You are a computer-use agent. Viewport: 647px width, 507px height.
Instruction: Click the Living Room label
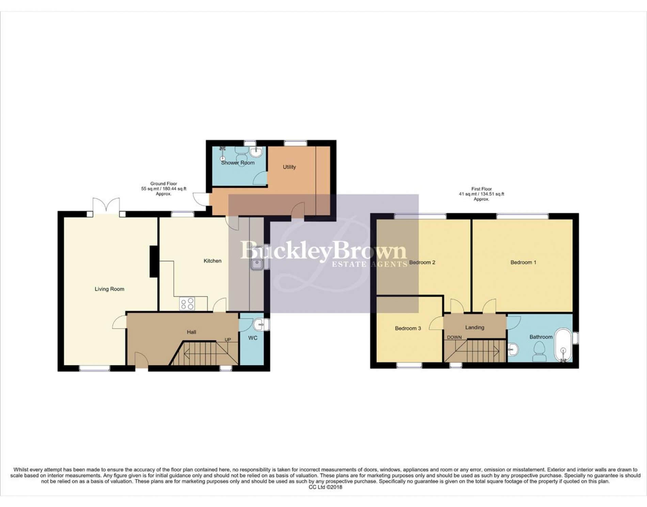click(109, 289)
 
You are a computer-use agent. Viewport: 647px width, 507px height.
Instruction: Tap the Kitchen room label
click(212, 261)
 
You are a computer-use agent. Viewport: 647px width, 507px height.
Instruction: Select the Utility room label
click(289, 167)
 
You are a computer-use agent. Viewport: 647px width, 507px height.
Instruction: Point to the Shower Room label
click(238, 163)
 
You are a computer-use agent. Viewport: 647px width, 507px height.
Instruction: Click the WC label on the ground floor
click(253, 338)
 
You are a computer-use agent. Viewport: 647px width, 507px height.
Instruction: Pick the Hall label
click(191, 332)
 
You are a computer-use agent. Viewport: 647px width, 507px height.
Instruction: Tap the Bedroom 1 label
click(523, 263)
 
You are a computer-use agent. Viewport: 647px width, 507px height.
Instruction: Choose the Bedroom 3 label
click(408, 328)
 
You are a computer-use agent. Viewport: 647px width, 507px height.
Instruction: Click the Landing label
click(475, 327)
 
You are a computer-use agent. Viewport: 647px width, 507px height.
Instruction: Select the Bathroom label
click(541, 337)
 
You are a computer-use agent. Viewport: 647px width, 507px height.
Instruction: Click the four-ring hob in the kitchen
click(187, 303)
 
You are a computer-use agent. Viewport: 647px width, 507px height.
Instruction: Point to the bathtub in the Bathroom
click(564, 345)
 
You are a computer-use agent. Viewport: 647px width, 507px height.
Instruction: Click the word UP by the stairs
click(227, 340)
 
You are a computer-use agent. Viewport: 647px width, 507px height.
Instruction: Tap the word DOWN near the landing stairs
click(454, 337)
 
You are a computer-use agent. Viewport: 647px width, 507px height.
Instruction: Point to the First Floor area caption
click(481, 194)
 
